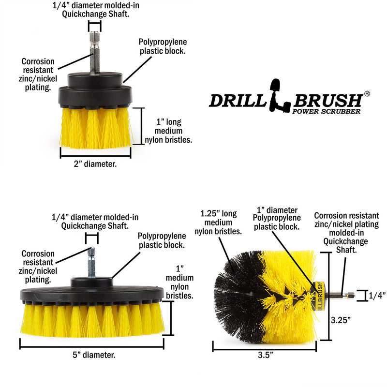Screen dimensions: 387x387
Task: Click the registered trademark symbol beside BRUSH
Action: [367, 93]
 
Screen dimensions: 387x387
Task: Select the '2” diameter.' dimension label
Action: [95, 164]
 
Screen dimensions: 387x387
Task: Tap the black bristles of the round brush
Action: [237, 290]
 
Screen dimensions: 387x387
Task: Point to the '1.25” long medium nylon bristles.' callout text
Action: [218, 222]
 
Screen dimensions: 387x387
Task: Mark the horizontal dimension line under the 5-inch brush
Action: [92, 343]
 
